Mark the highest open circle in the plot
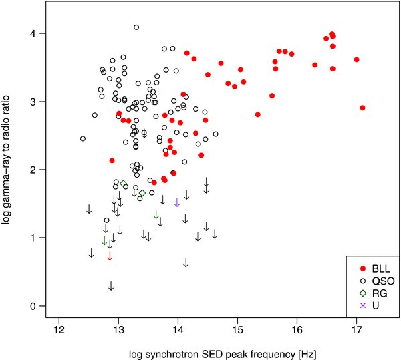pyautogui.click(x=136, y=27)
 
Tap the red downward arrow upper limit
pyautogui.click(x=110, y=255)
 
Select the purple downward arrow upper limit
pyautogui.click(x=177, y=202)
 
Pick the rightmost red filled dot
pyautogui.click(x=362, y=108)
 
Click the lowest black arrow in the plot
pyautogui.click(x=111, y=286)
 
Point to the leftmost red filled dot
pyautogui.click(x=112, y=160)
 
